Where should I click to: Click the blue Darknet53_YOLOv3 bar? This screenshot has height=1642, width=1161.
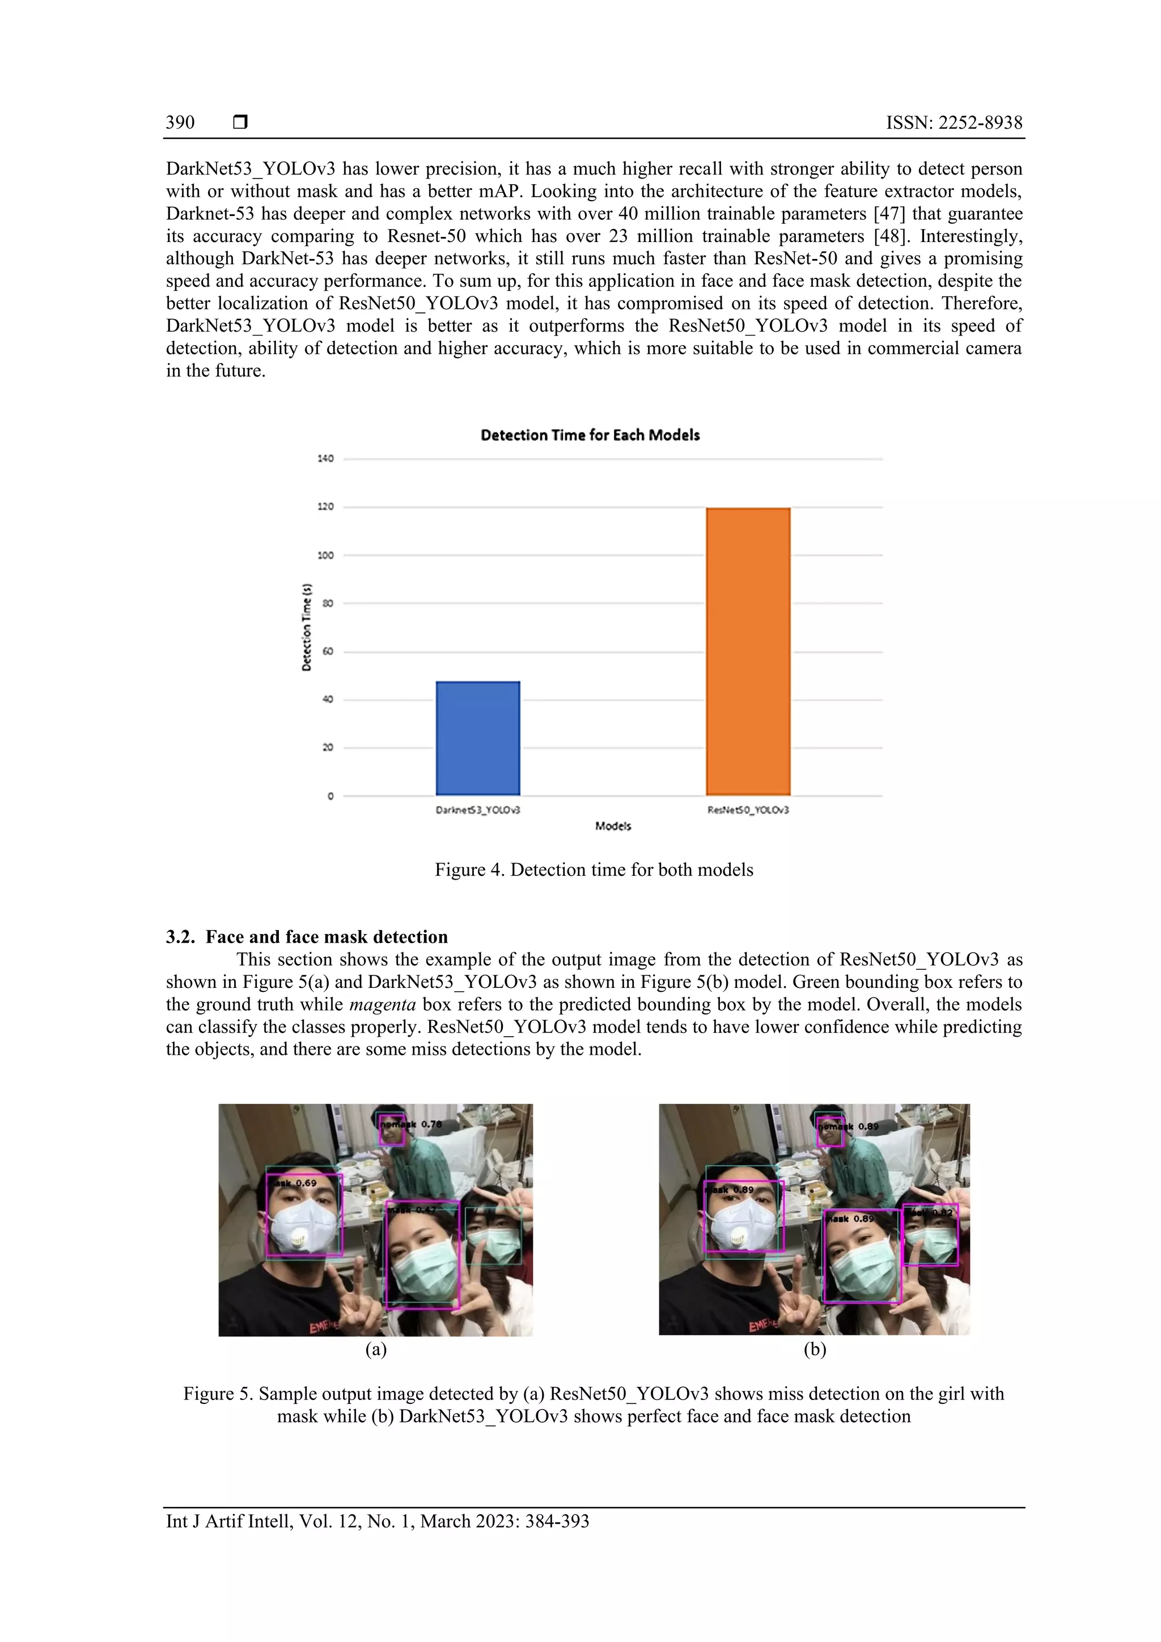point(478,738)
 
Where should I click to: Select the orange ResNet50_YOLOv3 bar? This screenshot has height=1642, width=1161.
point(748,651)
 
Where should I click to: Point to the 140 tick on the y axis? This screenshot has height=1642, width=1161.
point(325,459)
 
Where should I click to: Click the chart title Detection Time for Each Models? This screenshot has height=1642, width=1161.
point(590,435)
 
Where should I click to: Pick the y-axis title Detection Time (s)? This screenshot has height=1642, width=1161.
point(307,626)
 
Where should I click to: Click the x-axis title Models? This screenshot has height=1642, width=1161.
point(613,826)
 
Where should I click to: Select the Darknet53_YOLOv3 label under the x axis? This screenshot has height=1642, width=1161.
point(478,811)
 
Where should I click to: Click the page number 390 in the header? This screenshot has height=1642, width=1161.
point(180,122)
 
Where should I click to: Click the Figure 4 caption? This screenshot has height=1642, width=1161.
point(594,869)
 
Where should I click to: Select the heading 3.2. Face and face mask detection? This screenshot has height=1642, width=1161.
point(307,937)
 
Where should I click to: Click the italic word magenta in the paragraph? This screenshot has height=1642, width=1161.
point(383,1004)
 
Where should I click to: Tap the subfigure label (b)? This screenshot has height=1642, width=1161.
point(815,1349)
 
